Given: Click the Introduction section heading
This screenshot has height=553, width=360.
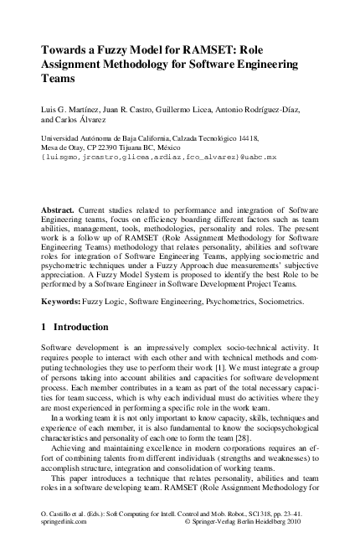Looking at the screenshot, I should [90, 327].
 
